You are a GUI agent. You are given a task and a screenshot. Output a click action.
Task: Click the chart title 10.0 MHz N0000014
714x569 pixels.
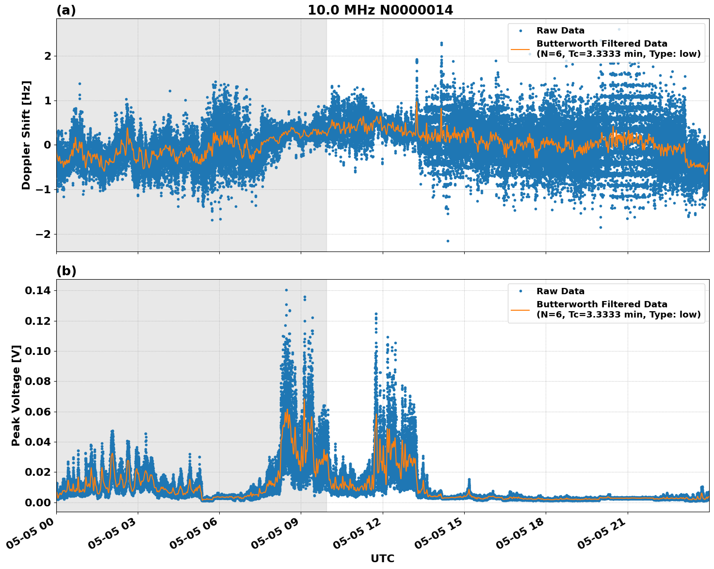[380, 10]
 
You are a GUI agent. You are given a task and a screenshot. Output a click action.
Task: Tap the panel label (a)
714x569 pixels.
[66, 10]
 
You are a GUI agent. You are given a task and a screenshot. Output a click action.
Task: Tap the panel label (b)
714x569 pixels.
[66, 271]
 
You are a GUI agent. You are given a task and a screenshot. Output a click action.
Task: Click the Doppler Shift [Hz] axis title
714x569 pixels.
[26, 135]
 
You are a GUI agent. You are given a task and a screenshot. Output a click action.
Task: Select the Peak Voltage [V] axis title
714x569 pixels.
[16, 395]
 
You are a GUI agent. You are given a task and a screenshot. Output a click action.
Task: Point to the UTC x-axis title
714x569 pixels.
[382, 558]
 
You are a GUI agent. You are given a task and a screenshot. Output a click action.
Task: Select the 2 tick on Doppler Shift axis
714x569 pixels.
[48, 56]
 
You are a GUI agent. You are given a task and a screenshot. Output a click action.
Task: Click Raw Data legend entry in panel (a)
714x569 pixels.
[560, 31]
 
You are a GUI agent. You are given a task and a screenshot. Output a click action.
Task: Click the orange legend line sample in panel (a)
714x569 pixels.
[520, 49]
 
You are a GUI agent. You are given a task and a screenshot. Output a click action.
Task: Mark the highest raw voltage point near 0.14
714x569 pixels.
[286, 290]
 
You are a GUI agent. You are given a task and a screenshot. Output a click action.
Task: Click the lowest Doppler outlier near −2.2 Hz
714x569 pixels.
[448, 241]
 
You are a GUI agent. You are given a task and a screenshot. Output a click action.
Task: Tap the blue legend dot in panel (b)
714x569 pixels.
[520, 291]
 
